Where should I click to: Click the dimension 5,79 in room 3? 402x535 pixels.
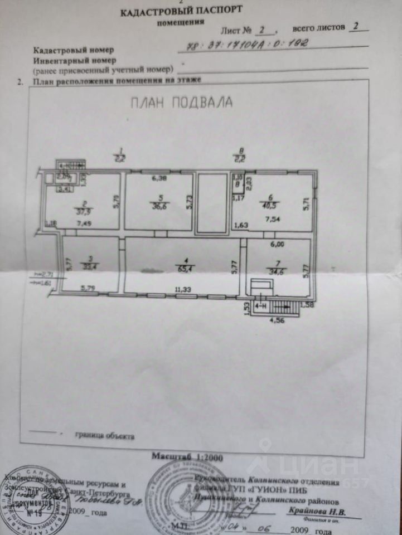[89, 289]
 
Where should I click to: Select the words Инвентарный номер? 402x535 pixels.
[74, 60]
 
